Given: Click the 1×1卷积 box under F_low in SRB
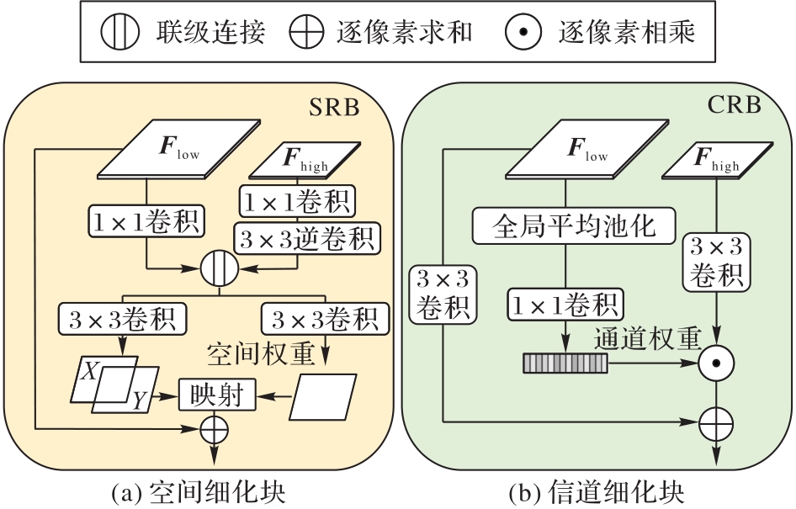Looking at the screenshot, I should (147, 222).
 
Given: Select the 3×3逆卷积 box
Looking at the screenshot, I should (306, 238).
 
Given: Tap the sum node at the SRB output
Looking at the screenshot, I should (215, 428).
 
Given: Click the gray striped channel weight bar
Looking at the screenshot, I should (564, 363).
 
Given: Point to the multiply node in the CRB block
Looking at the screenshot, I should (717, 363).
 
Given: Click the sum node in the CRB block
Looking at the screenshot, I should (717, 421).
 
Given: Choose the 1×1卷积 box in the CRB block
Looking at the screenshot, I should (565, 303).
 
